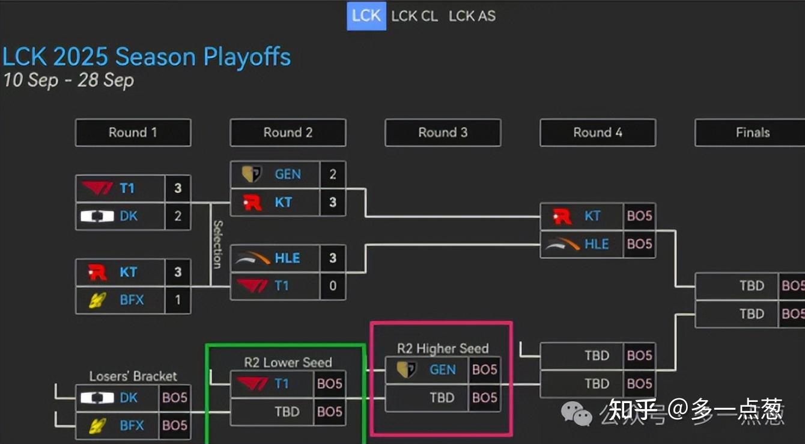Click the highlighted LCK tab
pos(366,16)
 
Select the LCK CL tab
pos(415,16)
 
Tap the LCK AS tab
pos(472,16)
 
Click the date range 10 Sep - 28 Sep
pos(68,80)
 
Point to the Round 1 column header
pos(133,132)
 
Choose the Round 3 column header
pos(443,132)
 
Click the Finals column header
pos(752,132)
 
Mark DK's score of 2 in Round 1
pos(178,216)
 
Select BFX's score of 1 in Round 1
pos(178,300)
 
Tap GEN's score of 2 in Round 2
pos(333,174)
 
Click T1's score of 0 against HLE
pos(333,286)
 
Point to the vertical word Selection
pos(217,244)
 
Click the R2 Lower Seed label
pos(288,362)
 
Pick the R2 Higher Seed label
pos(443,348)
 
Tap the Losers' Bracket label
pos(133,377)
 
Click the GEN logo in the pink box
pos(407,369)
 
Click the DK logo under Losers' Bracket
pos(97,398)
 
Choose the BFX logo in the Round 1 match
pos(98,300)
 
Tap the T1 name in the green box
pos(281,384)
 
